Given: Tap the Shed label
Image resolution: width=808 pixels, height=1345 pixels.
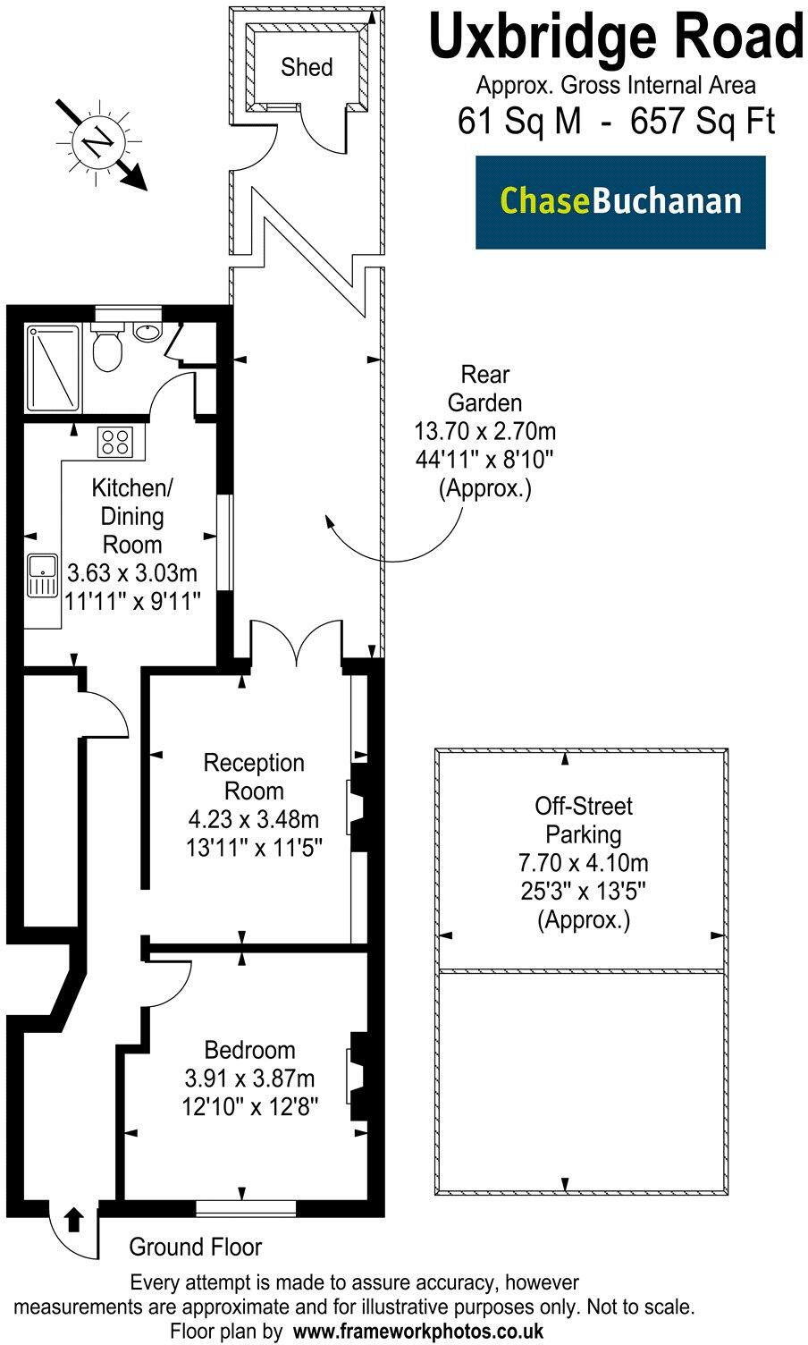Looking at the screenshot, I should coord(307,67).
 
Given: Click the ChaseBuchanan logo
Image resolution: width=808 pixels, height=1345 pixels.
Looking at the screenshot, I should coord(620,201).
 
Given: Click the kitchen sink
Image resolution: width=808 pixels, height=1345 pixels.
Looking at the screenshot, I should coord(40,575).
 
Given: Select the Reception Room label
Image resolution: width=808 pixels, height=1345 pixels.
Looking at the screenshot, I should coord(254,776).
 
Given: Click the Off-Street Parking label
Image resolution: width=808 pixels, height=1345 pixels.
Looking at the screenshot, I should coord(583,820).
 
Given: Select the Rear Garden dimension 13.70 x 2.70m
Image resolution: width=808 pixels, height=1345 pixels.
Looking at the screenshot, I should coord(485,432).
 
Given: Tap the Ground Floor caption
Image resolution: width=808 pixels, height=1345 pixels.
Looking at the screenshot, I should coord(196,1247).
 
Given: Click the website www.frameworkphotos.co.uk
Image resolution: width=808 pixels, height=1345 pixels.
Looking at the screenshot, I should coord(418,1330).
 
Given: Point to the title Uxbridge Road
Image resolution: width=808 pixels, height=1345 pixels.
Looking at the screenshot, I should coord(616,38).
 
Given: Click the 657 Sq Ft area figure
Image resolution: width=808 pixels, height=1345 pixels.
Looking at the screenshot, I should coord(703,121).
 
